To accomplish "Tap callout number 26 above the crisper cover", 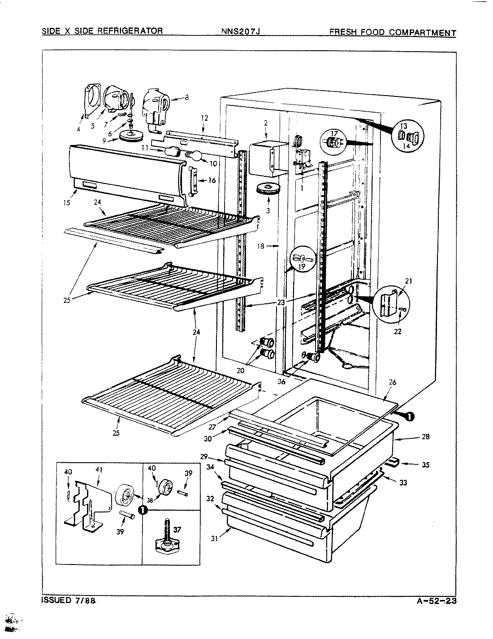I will pyautogui.click(x=392, y=383).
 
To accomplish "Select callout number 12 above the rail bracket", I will pyautogui.click(x=204, y=118).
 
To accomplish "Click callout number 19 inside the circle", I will pyautogui.click(x=302, y=266).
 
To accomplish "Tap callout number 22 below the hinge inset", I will pyautogui.click(x=398, y=332).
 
